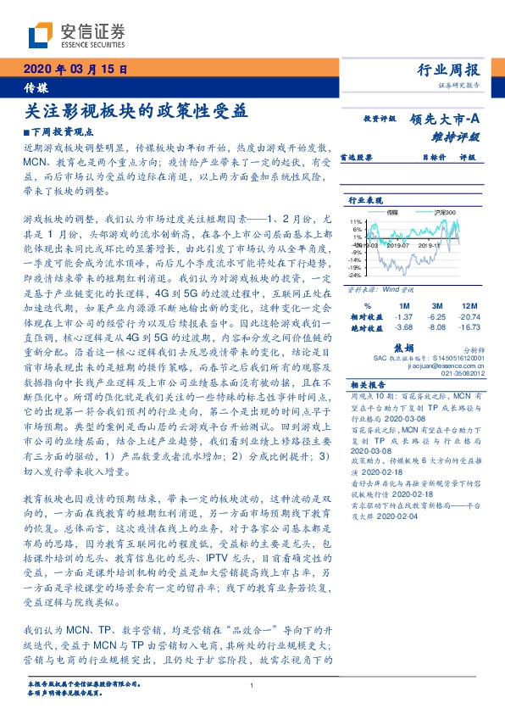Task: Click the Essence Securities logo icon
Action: [x=41, y=34]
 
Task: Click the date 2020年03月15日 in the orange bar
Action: [x=74, y=70]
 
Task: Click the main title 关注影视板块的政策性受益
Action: [x=136, y=111]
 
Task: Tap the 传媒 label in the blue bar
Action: [x=36, y=87]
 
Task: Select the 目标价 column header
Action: [x=410, y=157]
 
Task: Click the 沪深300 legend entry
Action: [x=445, y=212]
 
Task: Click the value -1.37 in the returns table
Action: [x=403, y=315]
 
